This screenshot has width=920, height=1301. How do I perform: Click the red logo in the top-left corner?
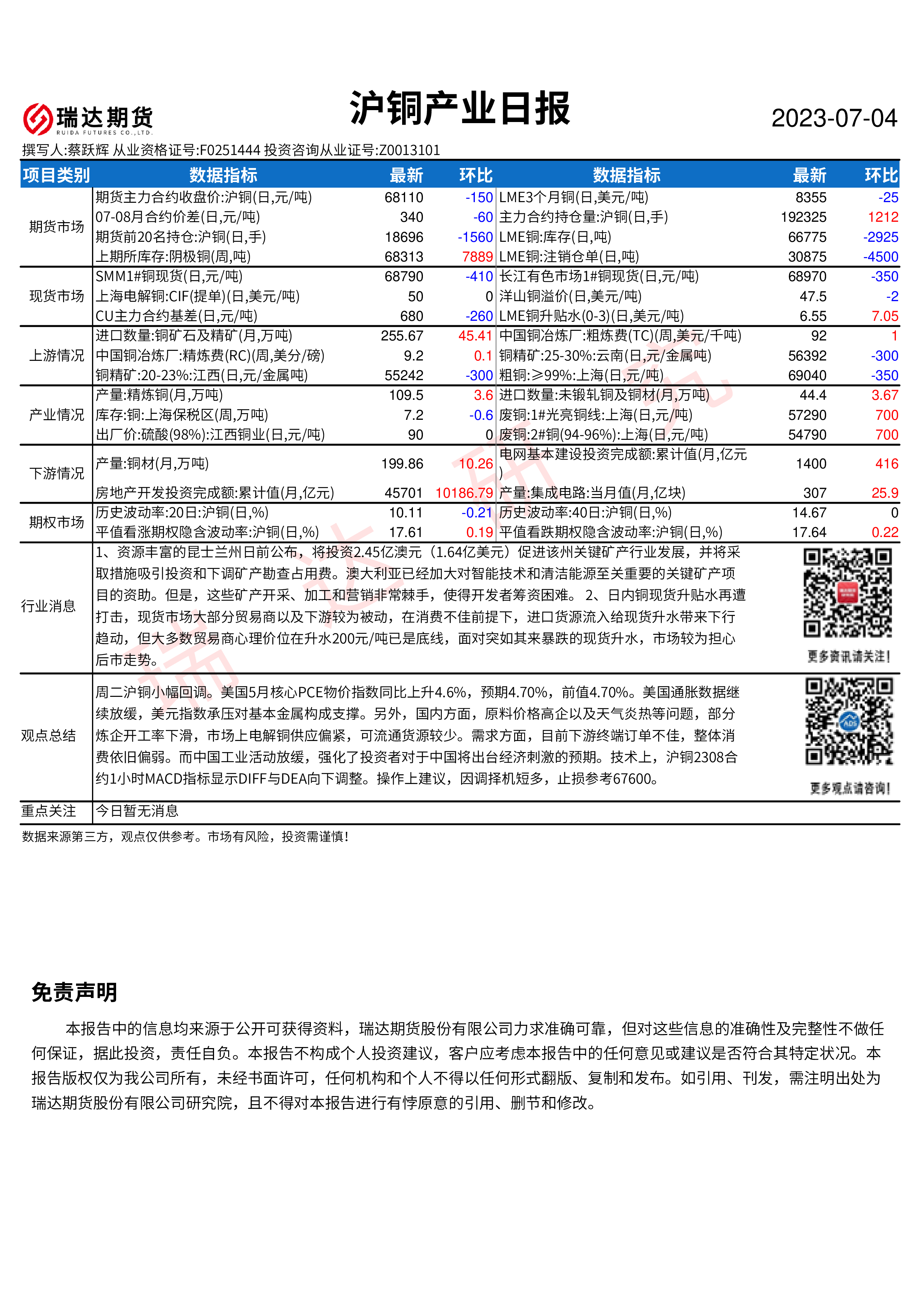click(38, 119)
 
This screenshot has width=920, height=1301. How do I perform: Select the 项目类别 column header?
click(56, 175)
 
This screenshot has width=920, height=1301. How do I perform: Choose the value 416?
click(887, 464)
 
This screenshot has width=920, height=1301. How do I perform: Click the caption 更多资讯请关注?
click(848, 657)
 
